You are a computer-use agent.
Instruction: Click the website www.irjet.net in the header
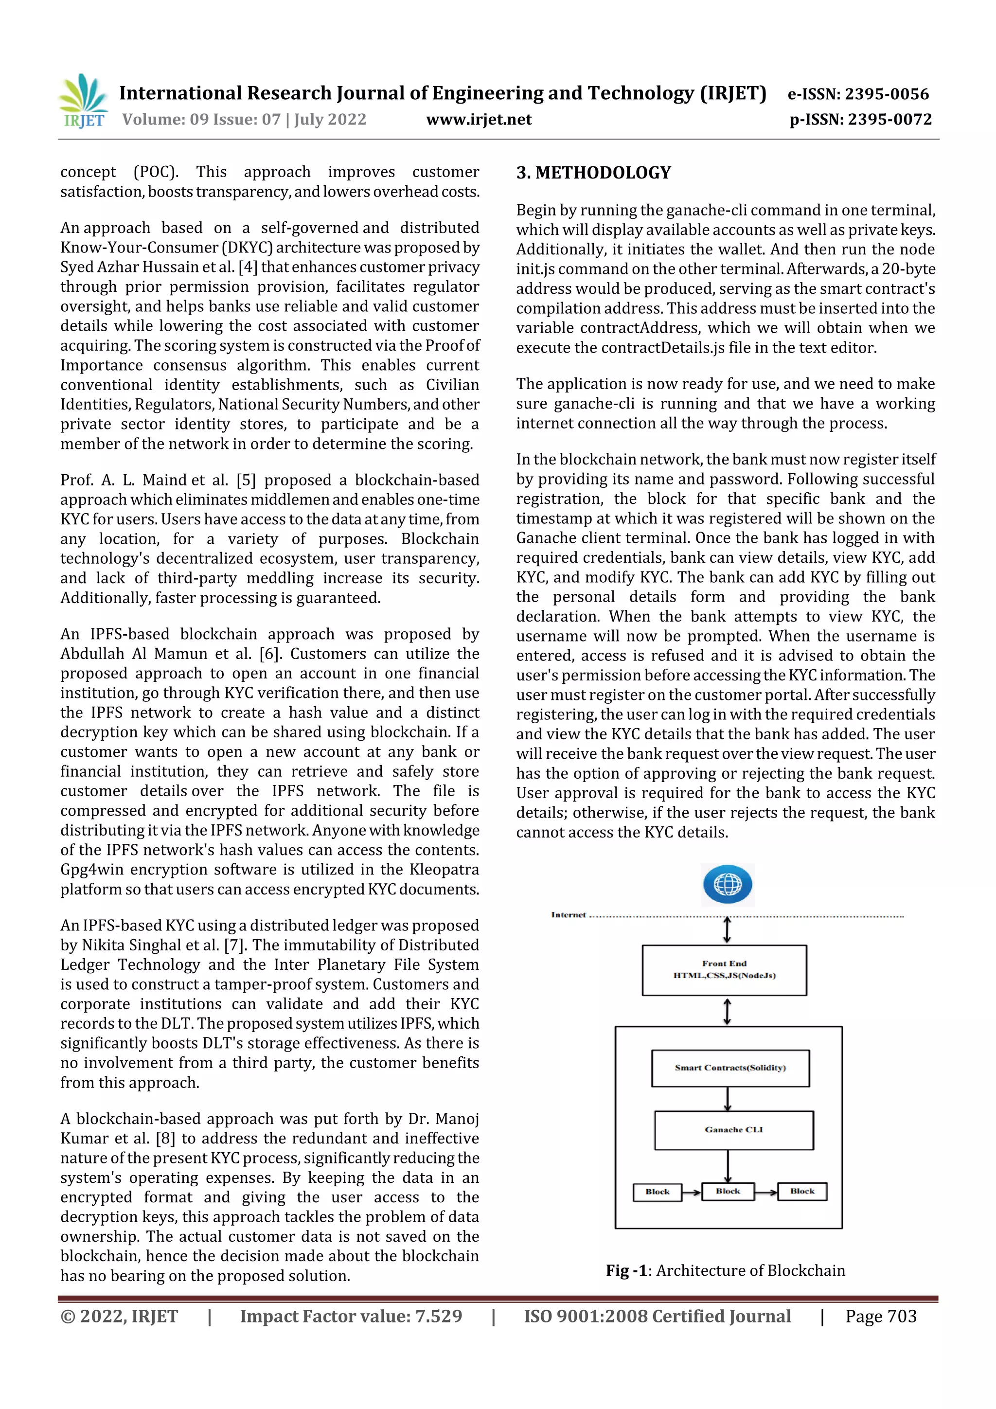[x=479, y=119]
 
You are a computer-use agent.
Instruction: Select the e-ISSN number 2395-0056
[x=886, y=94]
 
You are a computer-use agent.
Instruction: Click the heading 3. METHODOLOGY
[x=593, y=173]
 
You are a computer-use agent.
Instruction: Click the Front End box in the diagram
[x=724, y=970]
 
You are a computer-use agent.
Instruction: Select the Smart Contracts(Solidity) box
[x=730, y=1068]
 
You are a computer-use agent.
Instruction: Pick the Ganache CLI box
[x=734, y=1130]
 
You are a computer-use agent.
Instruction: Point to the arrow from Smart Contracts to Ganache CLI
[x=728, y=1099]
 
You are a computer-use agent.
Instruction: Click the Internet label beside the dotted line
[x=568, y=914]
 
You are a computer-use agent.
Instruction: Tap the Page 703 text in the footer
[x=881, y=1316]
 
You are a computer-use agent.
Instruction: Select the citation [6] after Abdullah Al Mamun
[x=269, y=654]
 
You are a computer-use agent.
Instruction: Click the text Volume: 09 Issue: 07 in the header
[x=201, y=119]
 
